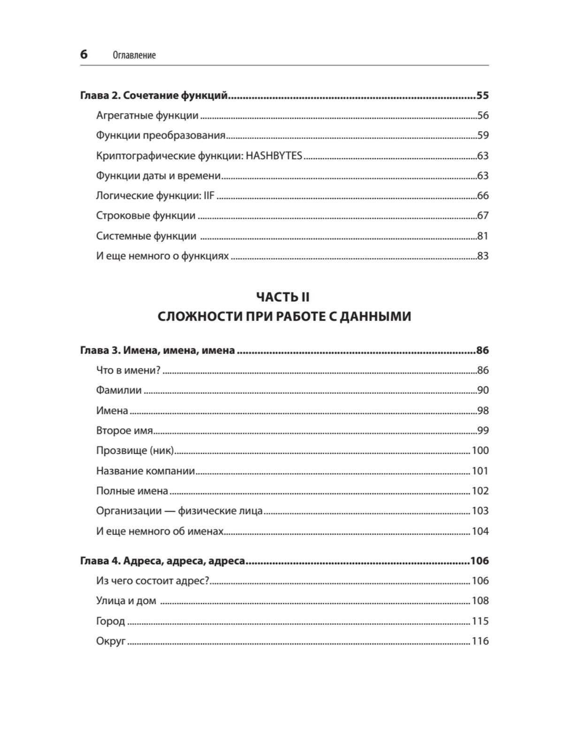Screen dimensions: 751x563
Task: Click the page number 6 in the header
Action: click(x=84, y=54)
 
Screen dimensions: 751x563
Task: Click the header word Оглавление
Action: click(x=134, y=55)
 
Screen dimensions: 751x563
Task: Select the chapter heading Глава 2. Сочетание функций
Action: click(x=154, y=96)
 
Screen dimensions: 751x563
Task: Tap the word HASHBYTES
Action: click(x=274, y=155)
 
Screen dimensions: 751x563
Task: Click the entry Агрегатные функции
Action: click(x=147, y=115)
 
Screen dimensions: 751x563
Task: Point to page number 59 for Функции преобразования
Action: click(x=483, y=135)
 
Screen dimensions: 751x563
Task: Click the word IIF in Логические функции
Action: click(x=209, y=196)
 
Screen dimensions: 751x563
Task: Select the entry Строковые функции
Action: click(x=145, y=216)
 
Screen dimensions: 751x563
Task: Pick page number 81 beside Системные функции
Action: click(x=483, y=236)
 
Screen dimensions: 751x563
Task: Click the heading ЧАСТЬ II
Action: click(x=283, y=297)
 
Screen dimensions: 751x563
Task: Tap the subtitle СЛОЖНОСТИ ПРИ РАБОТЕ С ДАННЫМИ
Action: click(x=284, y=317)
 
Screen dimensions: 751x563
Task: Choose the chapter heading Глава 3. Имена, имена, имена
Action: click(x=158, y=350)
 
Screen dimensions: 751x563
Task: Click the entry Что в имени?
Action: click(x=128, y=370)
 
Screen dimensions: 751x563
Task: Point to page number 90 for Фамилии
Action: click(x=483, y=390)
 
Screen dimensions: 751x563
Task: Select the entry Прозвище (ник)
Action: click(x=135, y=451)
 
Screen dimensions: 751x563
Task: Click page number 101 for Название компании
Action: click(x=480, y=471)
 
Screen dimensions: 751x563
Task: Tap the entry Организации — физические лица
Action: click(x=179, y=511)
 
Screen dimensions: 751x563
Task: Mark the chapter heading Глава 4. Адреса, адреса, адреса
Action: click(x=163, y=561)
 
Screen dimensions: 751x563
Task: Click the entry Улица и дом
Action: click(x=126, y=601)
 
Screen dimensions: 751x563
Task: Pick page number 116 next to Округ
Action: click(x=480, y=641)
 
